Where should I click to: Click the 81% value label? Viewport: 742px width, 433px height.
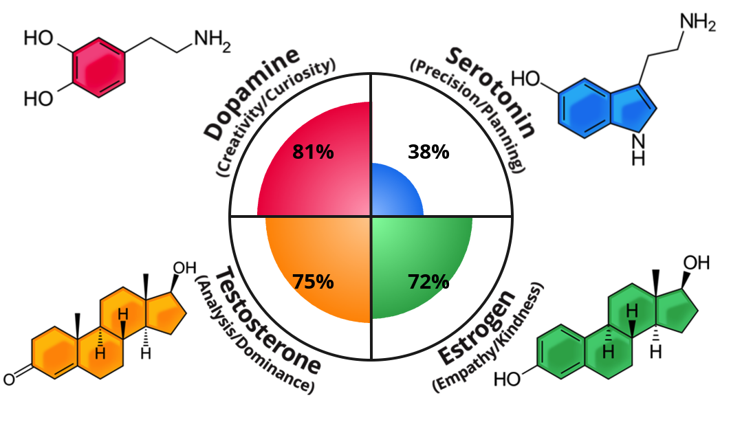pos(313,152)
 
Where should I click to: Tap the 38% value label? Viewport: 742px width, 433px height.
pos(428,152)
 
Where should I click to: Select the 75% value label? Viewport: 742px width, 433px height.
pos(313,281)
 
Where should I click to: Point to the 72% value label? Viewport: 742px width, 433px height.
pos(428,281)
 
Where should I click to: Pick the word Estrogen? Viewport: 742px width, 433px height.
pos(476,327)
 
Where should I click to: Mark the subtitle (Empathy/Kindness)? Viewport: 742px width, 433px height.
pos(488,337)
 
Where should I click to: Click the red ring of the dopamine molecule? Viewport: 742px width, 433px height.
pos(99,67)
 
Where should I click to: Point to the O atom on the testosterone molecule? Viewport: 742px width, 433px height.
pos(9,379)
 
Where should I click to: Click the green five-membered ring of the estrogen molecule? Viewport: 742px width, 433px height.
pos(677,311)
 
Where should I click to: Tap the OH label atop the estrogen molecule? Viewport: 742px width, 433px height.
pos(696,263)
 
